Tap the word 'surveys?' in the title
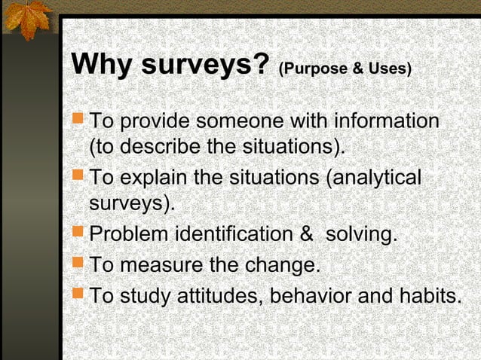pyautogui.click(x=205, y=66)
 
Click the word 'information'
pyautogui.click(x=386, y=121)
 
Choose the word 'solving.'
pyautogui.click(x=361, y=236)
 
